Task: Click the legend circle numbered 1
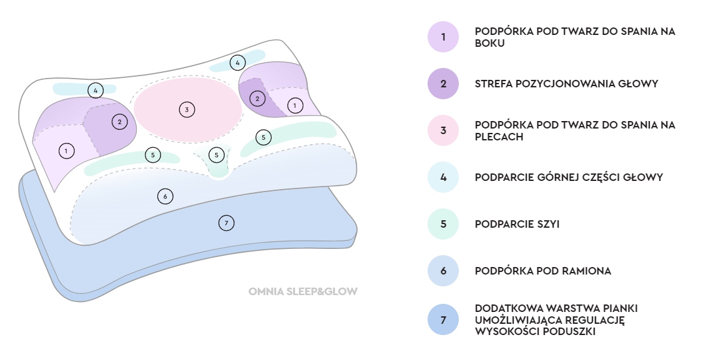point(443,37)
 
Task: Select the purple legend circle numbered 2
point(443,84)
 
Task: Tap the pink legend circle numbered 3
point(443,130)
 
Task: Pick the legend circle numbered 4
point(443,177)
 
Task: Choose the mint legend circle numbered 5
point(443,224)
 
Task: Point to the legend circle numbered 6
point(443,271)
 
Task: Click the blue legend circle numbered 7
point(443,320)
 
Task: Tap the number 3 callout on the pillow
point(187,110)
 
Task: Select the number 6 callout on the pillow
point(165,196)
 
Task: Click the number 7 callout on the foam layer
point(226,222)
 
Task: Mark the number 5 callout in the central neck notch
point(216,154)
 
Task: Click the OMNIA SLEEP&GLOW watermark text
point(303,291)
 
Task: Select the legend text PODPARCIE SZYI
point(517,224)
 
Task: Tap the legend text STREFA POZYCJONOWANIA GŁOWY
point(566,84)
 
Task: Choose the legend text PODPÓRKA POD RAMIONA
point(542,271)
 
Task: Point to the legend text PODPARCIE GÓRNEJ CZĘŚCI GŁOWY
point(569,177)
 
